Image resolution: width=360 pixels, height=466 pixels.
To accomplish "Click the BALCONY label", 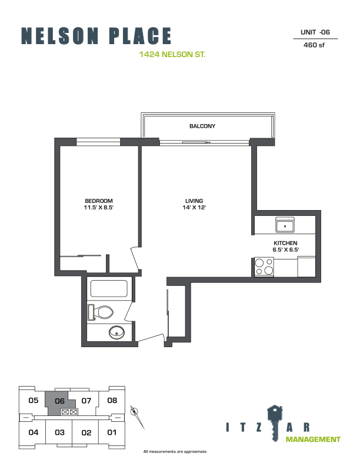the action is click(202, 126).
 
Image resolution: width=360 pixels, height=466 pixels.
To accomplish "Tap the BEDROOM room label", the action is click(99, 201).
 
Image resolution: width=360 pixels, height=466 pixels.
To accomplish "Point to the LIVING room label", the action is click(194, 201).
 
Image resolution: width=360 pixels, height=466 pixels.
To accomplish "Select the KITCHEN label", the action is click(285, 243).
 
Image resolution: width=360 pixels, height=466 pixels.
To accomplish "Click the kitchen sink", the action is click(285, 225).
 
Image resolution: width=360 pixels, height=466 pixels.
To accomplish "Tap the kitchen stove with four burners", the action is click(264, 267).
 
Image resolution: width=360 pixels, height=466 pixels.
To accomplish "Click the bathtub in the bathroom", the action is click(109, 288).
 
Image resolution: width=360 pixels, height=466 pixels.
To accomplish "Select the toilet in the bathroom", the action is click(101, 312).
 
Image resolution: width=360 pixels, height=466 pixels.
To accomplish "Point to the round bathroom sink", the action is click(116, 332).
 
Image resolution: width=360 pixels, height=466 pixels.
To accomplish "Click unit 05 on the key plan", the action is click(34, 400).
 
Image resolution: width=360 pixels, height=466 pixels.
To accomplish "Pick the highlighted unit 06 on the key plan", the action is click(59, 401).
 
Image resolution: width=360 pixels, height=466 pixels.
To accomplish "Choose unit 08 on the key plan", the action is click(112, 400).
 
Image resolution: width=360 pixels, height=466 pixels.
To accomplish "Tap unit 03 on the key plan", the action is click(59, 432).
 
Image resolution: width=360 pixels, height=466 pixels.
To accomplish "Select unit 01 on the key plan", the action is click(112, 432).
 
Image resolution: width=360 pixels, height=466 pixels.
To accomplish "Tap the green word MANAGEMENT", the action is click(313, 440).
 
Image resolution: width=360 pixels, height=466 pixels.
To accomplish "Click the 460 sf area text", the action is click(314, 45).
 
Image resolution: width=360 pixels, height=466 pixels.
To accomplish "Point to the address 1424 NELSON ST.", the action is click(172, 54).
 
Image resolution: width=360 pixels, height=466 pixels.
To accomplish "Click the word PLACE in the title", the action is click(141, 36).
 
